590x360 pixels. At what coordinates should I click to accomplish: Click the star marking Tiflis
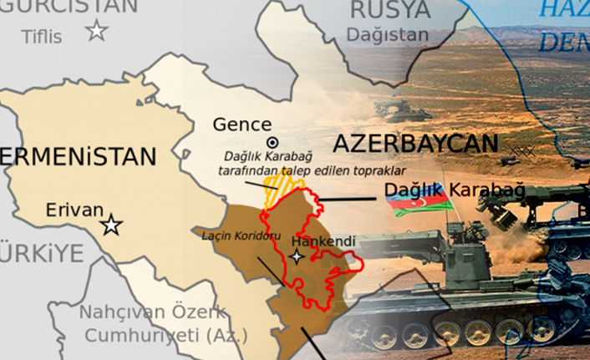97,32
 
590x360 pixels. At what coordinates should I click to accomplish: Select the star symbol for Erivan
111,225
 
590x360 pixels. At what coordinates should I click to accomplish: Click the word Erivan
75,210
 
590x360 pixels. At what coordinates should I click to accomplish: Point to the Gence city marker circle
272,142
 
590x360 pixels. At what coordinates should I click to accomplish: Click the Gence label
242,124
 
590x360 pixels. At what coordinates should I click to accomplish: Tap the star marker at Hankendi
298,257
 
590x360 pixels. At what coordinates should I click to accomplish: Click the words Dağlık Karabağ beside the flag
455,190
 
